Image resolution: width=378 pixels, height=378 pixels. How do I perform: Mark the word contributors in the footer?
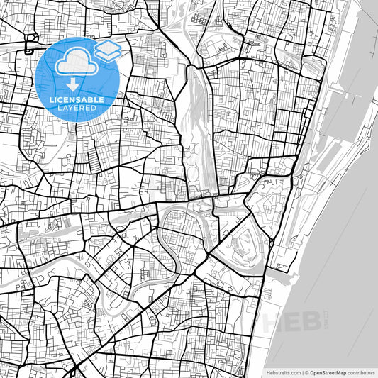[x=360, y=372]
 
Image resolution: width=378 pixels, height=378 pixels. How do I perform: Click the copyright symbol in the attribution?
[x=306, y=372]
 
